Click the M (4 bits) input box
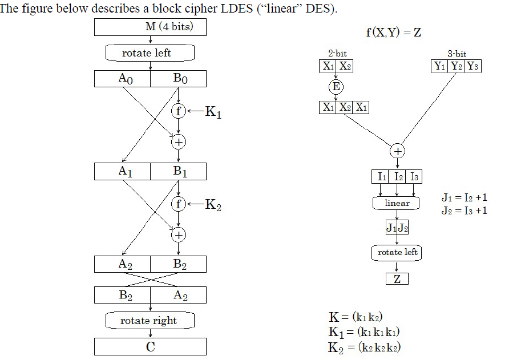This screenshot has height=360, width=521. pos(150,27)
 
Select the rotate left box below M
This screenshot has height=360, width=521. pos(150,53)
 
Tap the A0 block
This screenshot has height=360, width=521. pos(122,79)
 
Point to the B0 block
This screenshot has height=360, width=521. pos(178,79)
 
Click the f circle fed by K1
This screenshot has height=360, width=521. pos(178,111)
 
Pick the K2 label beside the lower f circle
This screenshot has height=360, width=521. pos(212,205)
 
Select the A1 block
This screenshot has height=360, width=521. pos(122,171)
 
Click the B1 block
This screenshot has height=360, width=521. pos(178,171)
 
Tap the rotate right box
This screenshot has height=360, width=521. pos(150,321)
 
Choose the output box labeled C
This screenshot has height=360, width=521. pos(150,347)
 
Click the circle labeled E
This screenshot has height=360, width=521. pos(336,87)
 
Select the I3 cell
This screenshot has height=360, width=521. pos(415,177)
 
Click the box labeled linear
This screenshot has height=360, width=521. pos(397,203)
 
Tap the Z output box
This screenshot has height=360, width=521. pos(397,279)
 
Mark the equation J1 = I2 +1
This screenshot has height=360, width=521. pos(464,198)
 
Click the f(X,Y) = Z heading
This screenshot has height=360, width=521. pos(393,32)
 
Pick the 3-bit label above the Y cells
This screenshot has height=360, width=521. pos(457,54)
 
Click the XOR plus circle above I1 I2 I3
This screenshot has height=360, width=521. pos(397,151)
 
